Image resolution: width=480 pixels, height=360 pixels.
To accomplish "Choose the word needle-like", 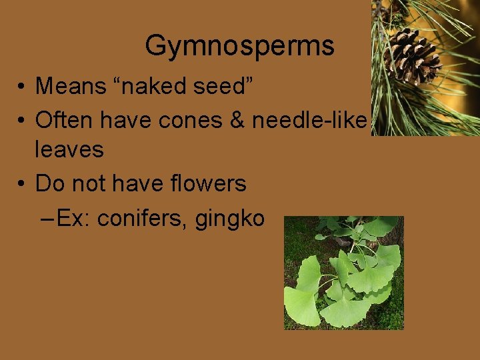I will (309, 120).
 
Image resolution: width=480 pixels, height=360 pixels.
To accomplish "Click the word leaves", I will (69, 149).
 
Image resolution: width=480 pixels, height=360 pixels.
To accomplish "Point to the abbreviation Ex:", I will (74, 218).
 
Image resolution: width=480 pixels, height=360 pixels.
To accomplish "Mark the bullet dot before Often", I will (22, 121).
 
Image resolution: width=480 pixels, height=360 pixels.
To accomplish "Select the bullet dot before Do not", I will (22, 184).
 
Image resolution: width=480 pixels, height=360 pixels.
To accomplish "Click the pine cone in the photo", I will (413, 56).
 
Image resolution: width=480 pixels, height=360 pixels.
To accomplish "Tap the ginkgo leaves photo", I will (344, 273).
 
